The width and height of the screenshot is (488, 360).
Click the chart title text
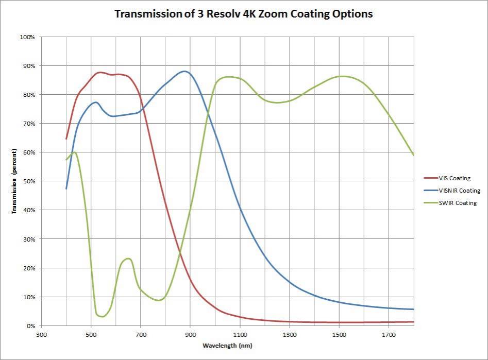click(x=243, y=14)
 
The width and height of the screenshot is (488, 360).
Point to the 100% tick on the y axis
click(x=27, y=37)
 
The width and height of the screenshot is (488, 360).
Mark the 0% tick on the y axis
click(x=29, y=326)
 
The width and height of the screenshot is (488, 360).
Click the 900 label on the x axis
click(x=190, y=333)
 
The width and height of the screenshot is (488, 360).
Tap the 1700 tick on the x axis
click(x=389, y=333)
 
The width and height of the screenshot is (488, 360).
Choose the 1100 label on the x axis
click(x=240, y=333)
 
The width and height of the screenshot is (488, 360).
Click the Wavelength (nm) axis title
click(x=227, y=345)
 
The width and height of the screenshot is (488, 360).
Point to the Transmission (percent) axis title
click(x=15, y=181)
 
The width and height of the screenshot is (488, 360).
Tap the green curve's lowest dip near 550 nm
click(x=103, y=316)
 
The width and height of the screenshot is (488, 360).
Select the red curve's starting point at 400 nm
click(x=66, y=139)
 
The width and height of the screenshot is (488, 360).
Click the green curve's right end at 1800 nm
click(x=413, y=155)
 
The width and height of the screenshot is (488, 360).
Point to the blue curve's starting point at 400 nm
click(x=66, y=188)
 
